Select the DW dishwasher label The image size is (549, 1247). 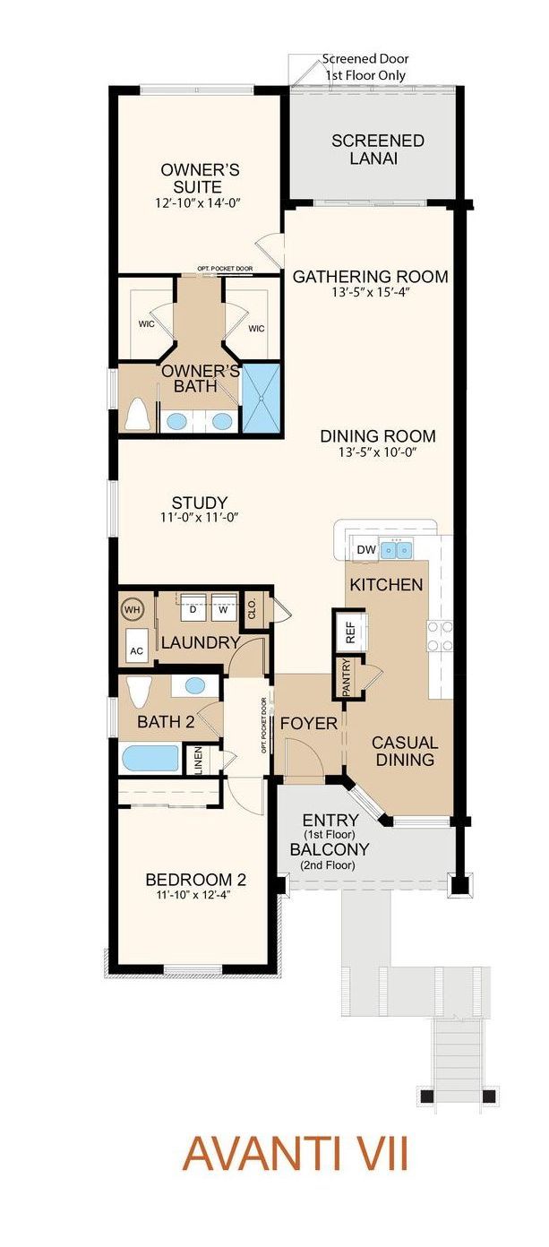(x=366, y=550)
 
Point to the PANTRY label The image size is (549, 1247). (x=346, y=677)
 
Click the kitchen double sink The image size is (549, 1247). (x=397, y=550)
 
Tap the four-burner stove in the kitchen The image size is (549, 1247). (x=440, y=636)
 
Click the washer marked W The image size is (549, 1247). (x=224, y=607)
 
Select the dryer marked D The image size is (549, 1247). (x=193, y=607)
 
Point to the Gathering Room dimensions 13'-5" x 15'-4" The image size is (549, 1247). (x=370, y=292)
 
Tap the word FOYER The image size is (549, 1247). (x=308, y=724)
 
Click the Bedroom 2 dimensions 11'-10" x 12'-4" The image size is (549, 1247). (x=195, y=895)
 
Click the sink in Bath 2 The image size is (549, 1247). (x=194, y=686)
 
